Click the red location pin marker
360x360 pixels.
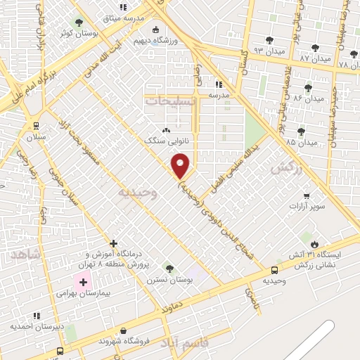(181, 166)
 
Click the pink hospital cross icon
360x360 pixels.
(84, 282)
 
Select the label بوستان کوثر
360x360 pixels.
(76, 33)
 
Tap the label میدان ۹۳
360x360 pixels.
(269, 51)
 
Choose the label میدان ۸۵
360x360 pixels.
(302, 142)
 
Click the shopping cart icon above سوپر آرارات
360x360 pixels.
(307, 196)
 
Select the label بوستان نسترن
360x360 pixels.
(169, 279)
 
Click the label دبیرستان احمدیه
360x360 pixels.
(37, 327)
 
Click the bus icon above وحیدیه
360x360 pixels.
(274, 270)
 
